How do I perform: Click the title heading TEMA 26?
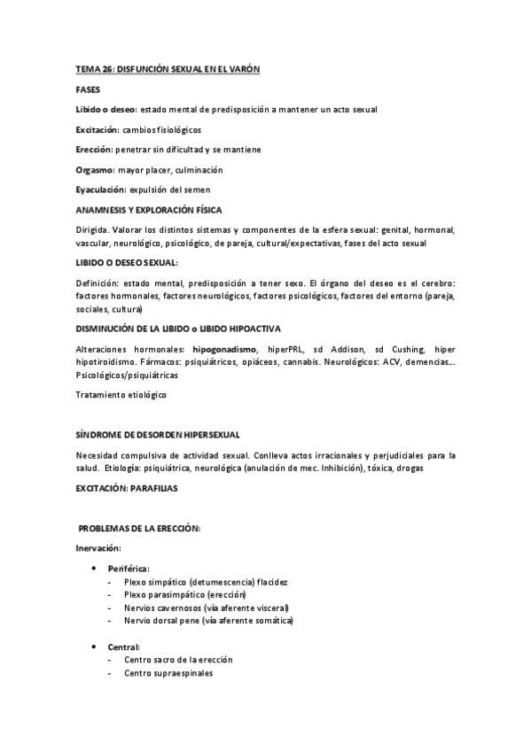[x=168, y=69]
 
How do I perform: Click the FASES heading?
[x=88, y=89]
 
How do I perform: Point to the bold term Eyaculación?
[x=100, y=190]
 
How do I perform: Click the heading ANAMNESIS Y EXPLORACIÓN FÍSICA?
[x=149, y=210]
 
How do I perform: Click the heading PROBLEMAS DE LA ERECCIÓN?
[x=140, y=529]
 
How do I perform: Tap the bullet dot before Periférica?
[x=95, y=568]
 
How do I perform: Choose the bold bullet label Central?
[x=124, y=647]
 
